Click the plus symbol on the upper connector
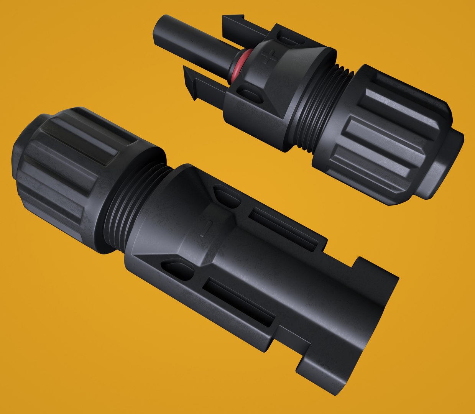[x=270, y=58]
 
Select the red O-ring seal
[x=238, y=66]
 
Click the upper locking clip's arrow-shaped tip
[x=234, y=19]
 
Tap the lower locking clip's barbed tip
[x=191, y=82]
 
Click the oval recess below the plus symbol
[x=250, y=94]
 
